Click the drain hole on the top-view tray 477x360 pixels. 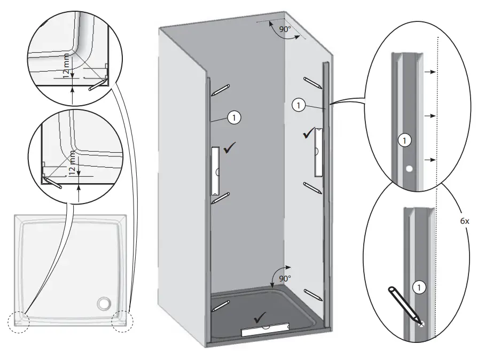point(103,304)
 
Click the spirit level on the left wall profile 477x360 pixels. point(216,171)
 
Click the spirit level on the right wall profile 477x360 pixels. point(318,152)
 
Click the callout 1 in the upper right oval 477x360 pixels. point(405,140)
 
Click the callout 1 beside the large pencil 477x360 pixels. point(420,287)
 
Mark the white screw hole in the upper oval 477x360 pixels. point(409,169)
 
